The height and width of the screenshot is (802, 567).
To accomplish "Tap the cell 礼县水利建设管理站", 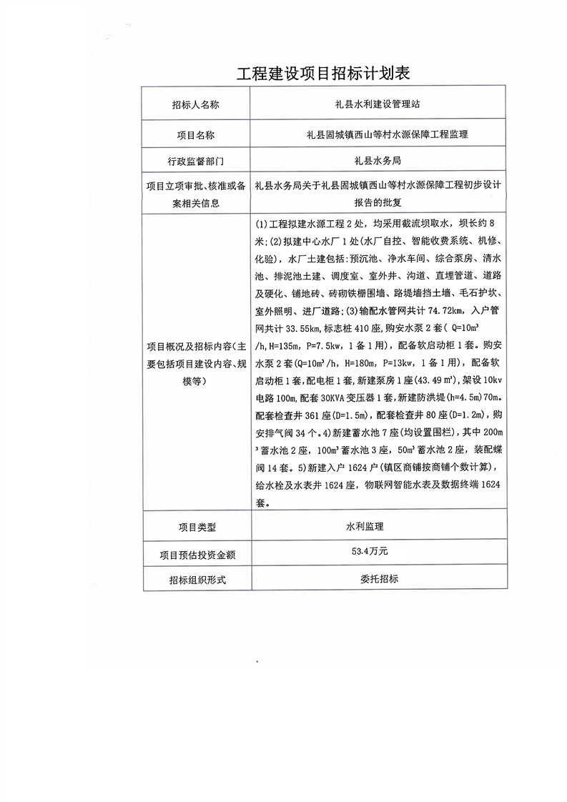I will tap(378, 104).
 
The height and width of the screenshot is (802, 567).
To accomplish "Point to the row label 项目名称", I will tap(195, 134).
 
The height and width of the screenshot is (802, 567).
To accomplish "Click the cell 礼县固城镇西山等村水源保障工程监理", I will tap(378, 134).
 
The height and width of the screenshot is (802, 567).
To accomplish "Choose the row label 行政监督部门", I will tap(195, 161).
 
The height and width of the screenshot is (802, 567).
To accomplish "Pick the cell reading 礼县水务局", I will tap(378, 161).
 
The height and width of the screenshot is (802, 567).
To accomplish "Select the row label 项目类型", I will tap(195, 527).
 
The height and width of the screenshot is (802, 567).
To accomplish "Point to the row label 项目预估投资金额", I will tap(195, 553).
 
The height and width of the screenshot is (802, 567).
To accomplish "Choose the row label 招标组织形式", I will tap(195, 580).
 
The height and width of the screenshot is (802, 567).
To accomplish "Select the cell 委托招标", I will tap(379, 579).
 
